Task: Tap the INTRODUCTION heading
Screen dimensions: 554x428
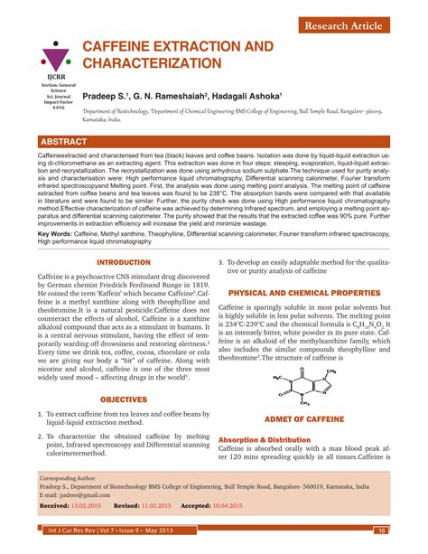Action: (x=123, y=262)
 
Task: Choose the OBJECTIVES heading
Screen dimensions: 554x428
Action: (x=123, y=398)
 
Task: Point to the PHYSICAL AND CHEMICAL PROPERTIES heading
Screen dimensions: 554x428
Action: (x=304, y=294)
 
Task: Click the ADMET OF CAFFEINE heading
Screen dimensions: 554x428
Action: (x=304, y=420)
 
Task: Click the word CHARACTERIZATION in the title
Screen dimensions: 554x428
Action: (x=153, y=63)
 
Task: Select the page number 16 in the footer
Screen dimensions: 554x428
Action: (x=383, y=531)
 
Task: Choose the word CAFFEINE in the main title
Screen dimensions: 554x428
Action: (x=124, y=44)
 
